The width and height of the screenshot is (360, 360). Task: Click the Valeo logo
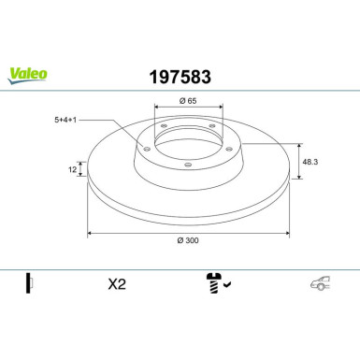[x=27, y=76]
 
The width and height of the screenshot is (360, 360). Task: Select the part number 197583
[x=180, y=77]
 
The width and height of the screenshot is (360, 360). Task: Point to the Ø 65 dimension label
[x=188, y=101]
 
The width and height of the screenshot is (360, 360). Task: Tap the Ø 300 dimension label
[x=188, y=240]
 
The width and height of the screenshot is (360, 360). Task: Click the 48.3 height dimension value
[x=310, y=162]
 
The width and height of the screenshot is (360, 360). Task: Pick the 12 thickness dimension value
[x=72, y=169]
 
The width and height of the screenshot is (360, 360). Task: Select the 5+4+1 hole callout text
[x=65, y=120]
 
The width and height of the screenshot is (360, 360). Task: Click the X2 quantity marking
[x=117, y=284]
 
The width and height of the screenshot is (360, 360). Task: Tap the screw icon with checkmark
[x=218, y=283]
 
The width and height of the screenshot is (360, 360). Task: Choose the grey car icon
[x=320, y=283]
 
